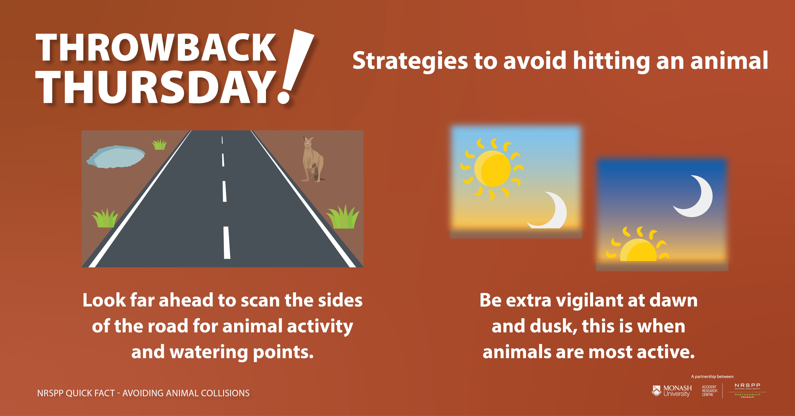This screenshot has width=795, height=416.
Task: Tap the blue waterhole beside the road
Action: click(x=116, y=157)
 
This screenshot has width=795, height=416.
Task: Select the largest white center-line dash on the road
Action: click(x=227, y=243)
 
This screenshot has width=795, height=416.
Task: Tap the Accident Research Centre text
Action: click(x=709, y=391)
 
